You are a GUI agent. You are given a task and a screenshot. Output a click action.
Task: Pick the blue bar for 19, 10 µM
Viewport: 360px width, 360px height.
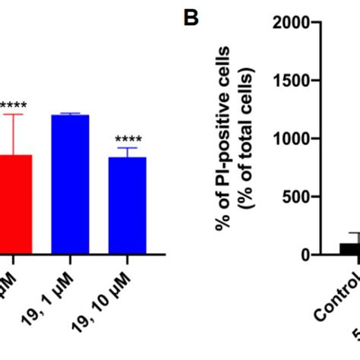[x=127, y=205]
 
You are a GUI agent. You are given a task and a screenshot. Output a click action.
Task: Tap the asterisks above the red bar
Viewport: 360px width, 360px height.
[x=13, y=106]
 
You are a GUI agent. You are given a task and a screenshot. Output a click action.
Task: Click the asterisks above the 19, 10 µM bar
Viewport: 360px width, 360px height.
[x=127, y=139]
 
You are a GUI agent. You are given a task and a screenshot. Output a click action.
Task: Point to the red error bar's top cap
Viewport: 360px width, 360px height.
[x=14, y=114]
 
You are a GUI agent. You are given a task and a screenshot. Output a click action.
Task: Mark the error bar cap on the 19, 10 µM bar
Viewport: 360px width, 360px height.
[x=127, y=147]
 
